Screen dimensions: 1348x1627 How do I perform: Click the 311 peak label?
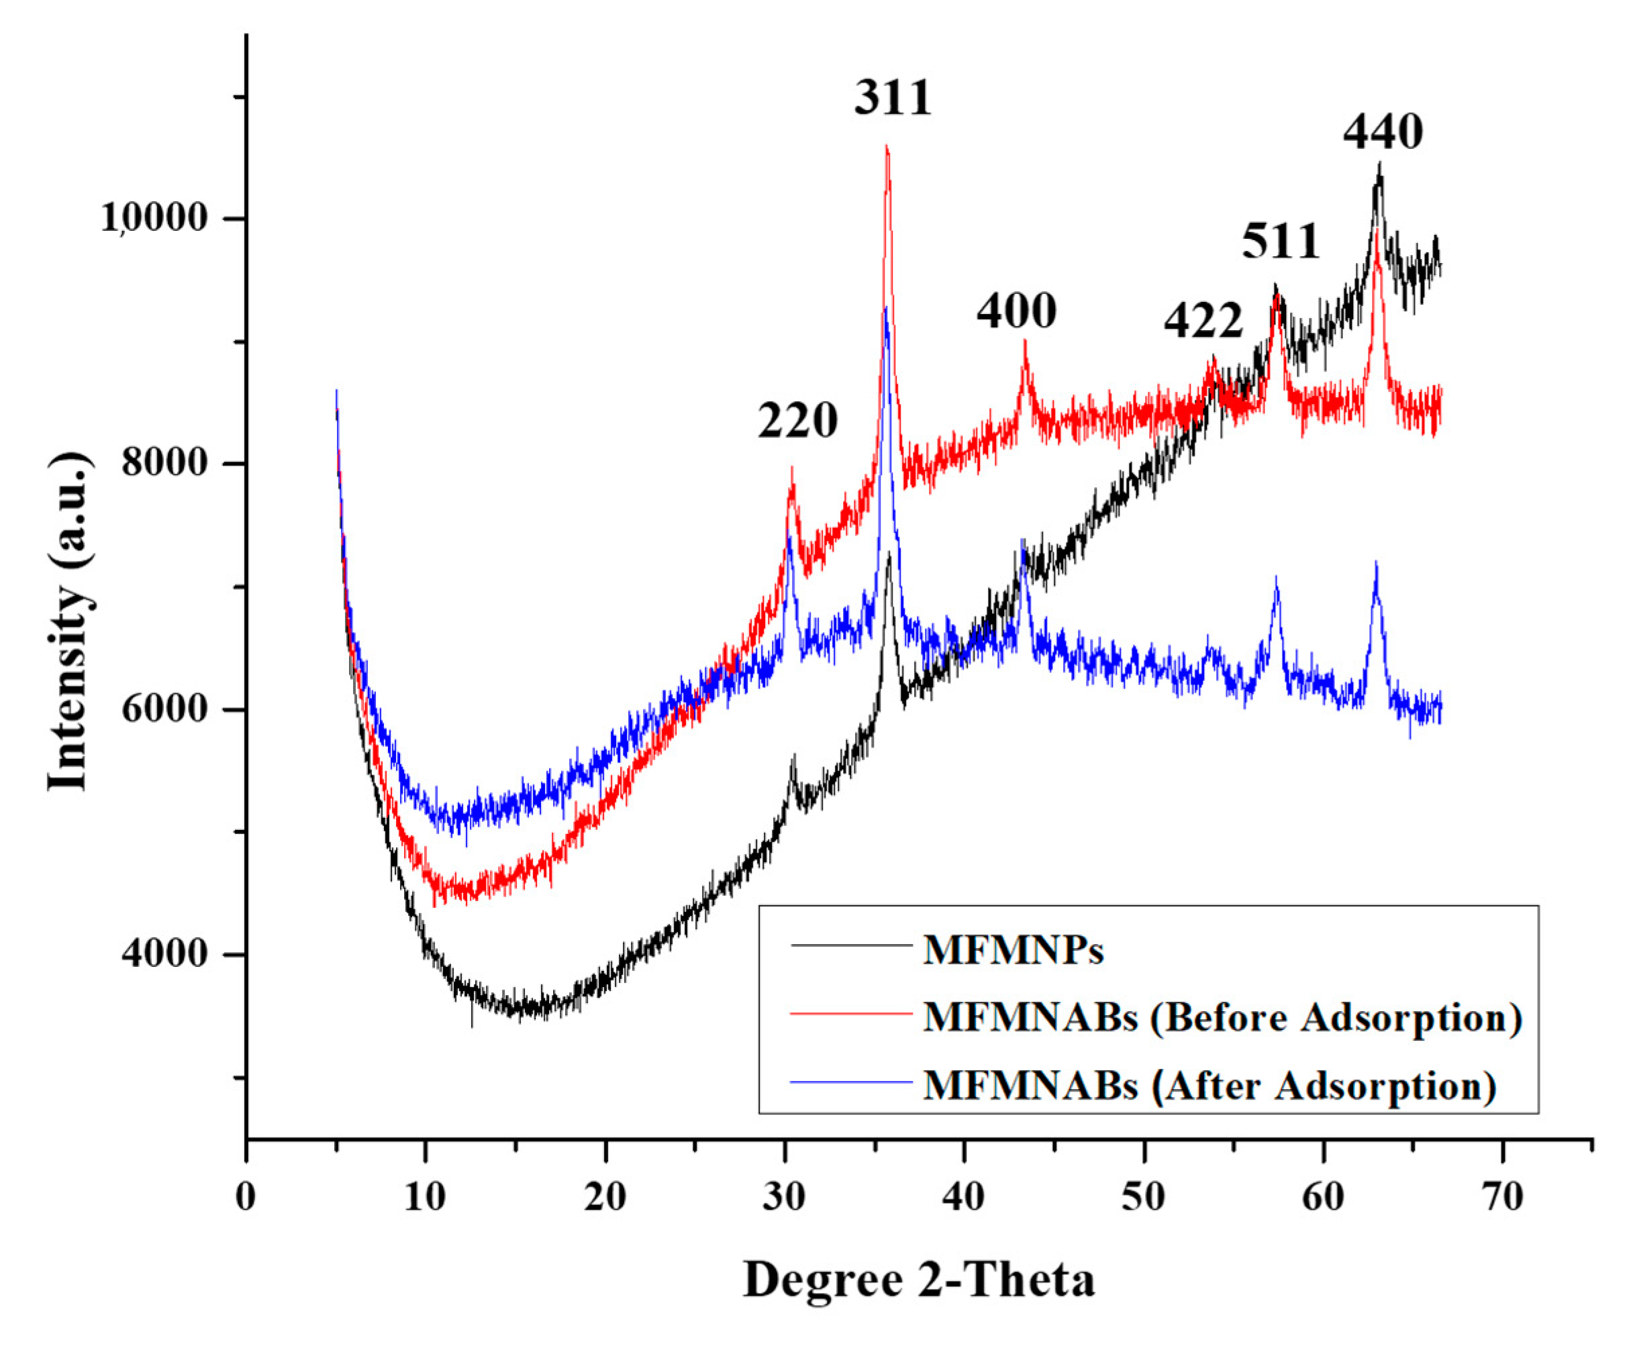coord(893,99)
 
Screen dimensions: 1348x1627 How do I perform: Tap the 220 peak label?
coord(797,421)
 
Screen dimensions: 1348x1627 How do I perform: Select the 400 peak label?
coord(1016,312)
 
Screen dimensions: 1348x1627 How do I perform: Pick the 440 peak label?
coord(1383,132)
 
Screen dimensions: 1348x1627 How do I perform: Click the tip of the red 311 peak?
coord(887,147)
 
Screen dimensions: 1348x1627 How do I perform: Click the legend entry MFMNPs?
coord(1013,951)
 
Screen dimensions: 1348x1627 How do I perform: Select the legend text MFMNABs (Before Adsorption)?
coord(1222,1018)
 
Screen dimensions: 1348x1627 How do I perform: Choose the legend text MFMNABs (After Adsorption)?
coord(1210,1086)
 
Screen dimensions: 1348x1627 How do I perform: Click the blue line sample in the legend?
coord(850,1082)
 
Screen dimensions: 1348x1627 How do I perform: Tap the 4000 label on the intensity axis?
coord(155,953)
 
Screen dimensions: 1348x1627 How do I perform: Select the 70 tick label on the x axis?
coord(1503,1198)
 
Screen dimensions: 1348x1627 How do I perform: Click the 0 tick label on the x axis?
coord(246,1198)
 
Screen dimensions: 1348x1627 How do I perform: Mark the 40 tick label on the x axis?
coord(964,1198)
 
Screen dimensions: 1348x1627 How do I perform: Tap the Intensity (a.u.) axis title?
coord(68,620)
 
